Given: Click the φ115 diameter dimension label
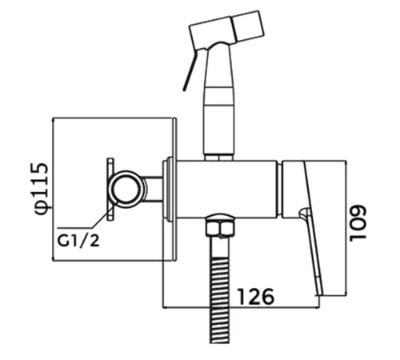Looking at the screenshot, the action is coord(42,190).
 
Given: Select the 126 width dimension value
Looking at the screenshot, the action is coord(256,296).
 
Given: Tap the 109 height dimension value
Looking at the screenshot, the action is coord(358,223).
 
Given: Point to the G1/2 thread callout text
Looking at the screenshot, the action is coord(78,242).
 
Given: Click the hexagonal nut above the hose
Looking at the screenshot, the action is coord(219,228).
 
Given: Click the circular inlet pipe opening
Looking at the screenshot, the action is coord(125,189).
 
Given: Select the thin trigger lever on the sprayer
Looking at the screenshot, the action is coord(189,70).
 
